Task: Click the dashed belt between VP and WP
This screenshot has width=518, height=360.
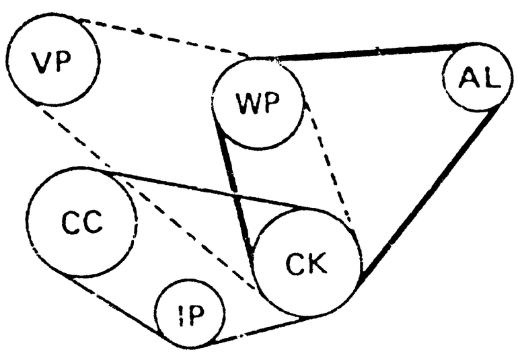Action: pyautogui.click(x=163, y=38)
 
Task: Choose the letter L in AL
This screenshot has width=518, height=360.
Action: pyautogui.click(x=492, y=78)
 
